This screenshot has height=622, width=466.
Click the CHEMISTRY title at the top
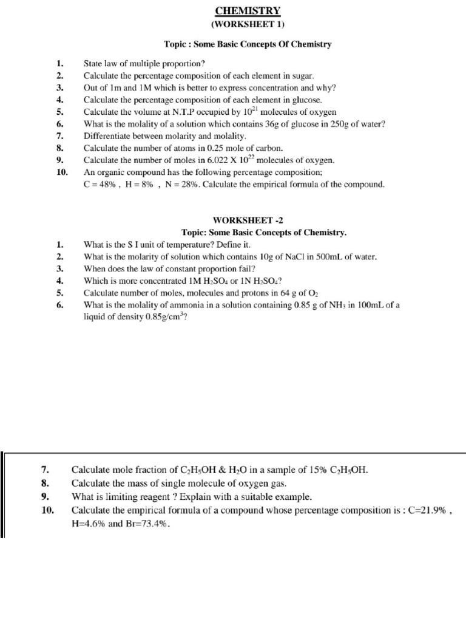(247, 10)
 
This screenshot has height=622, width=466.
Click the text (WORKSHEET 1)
(247, 24)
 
